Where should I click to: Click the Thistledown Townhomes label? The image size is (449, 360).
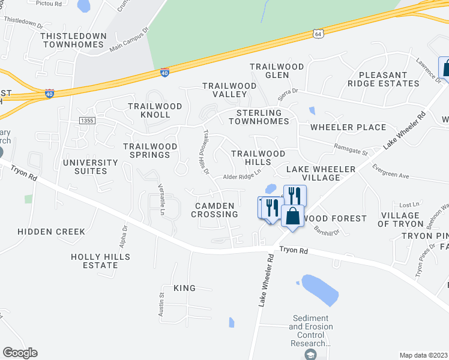click(73, 40)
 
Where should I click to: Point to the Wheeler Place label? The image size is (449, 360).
click(348, 127)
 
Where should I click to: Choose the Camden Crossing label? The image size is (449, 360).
click(214, 210)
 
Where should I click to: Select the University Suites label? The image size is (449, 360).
click(91, 167)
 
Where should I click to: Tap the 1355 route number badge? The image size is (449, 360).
click(87, 121)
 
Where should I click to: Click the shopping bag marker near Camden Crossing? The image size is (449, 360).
click(292, 217)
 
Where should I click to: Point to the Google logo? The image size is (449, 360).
click(20, 353)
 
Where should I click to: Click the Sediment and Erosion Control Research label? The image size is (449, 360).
click(310, 331)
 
